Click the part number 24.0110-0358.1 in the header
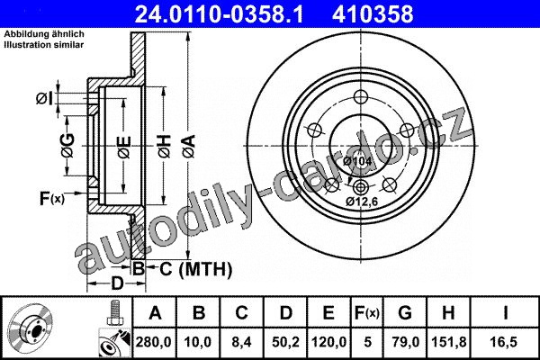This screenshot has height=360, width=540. (x=220, y=13)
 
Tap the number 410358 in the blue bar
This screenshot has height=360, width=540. (x=373, y=13)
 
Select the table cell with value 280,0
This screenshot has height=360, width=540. (x=154, y=342)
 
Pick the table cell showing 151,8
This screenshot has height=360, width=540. (x=449, y=342)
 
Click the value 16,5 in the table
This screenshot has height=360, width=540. (x=505, y=342)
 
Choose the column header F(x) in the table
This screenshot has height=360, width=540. (x=367, y=313)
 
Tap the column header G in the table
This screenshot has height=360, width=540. (x=405, y=313)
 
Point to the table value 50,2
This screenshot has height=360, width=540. (x=285, y=342)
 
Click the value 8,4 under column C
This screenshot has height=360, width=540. (x=242, y=342)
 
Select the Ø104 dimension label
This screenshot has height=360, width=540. (x=358, y=161)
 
